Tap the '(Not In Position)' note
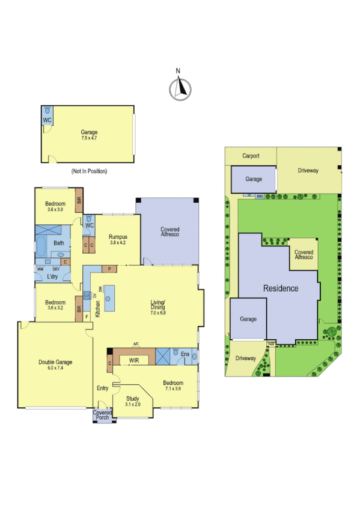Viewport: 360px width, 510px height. tap(89, 171)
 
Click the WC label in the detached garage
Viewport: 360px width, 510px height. tap(47, 120)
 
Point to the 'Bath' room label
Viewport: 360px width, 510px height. tap(59, 243)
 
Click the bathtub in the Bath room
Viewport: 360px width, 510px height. tap(41, 247)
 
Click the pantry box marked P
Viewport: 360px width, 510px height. tap(110, 269)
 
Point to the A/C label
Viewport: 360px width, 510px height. tap(136, 345)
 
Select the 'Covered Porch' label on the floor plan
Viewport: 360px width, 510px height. tap(102, 415)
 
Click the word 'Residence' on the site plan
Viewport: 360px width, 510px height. tap(281, 288)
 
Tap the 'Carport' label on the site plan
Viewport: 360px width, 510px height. tap(251, 156)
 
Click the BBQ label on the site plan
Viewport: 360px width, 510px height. tap(260, 196)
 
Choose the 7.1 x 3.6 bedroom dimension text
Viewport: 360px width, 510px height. tap(172, 389)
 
